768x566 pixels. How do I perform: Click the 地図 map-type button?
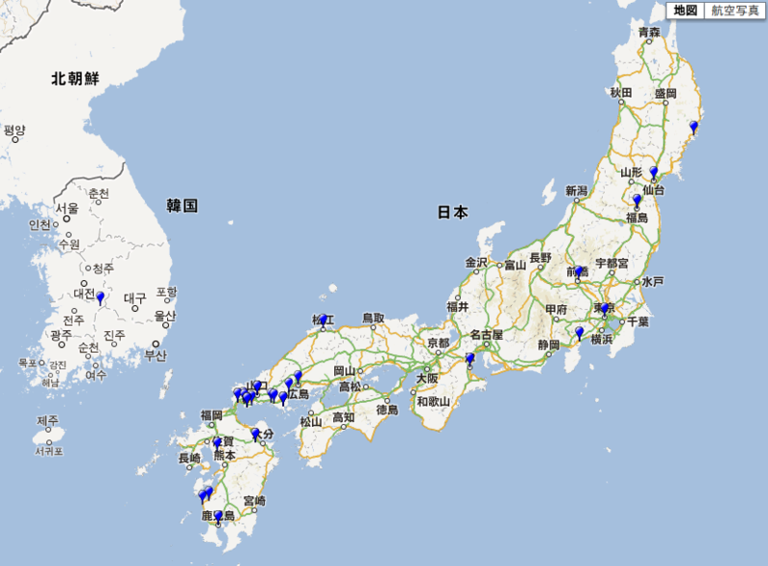click(685, 11)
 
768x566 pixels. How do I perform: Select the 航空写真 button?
click(733, 11)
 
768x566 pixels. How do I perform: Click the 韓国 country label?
click(181, 205)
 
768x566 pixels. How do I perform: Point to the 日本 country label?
click(453, 212)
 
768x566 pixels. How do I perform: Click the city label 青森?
click(650, 34)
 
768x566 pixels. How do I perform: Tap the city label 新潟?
click(576, 191)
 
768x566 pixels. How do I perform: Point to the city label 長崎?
click(190, 459)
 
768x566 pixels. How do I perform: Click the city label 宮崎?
click(254, 500)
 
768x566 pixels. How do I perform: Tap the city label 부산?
click(156, 355)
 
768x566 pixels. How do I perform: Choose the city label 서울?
click(66, 208)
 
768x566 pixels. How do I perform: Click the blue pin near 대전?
click(100, 297)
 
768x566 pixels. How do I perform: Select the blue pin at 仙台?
click(654, 173)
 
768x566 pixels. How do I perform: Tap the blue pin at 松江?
click(324, 320)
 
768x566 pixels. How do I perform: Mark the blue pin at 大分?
click(255, 435)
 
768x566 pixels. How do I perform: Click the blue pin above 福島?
click(636, 200)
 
